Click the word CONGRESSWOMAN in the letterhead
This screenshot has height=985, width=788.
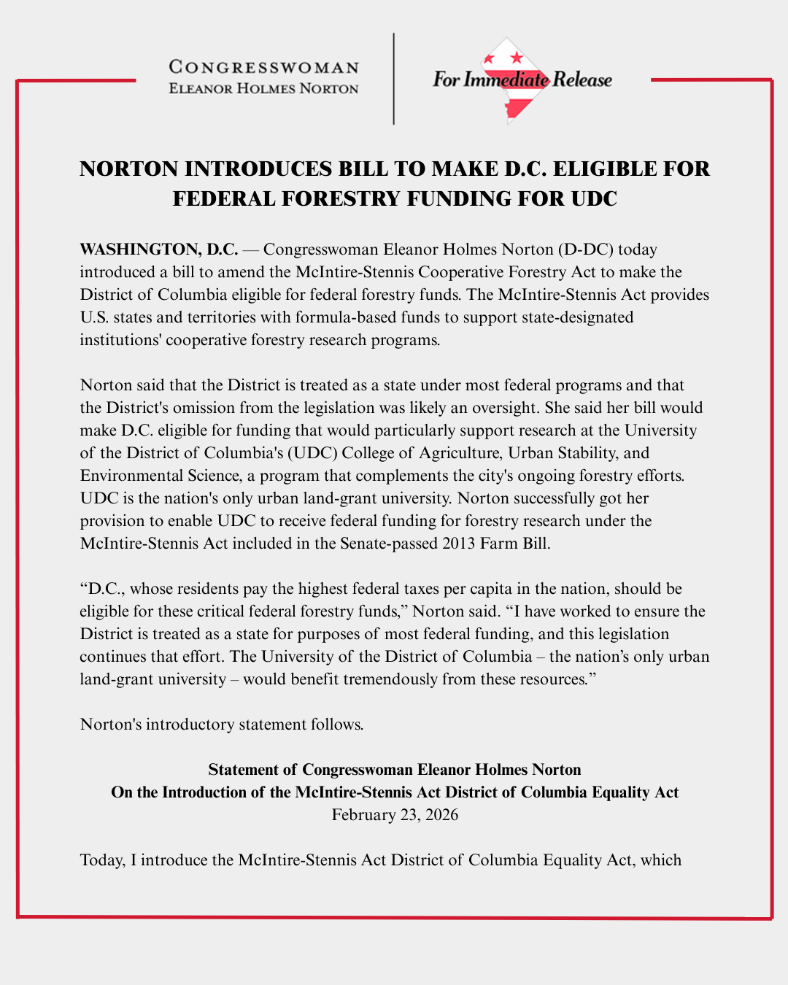[x=263, y=68]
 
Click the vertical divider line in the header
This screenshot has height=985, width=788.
[x=394, y=79]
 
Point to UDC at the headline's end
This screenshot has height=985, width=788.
[x=593, y=198]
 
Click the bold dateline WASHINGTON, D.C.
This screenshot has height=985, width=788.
[x=159, y=250]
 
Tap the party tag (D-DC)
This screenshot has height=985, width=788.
[x=586, y=250]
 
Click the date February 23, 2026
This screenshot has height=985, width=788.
[x=395, y=815]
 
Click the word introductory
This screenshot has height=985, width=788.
[x=193, y=725]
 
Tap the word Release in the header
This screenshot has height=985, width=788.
[x=582, y=80]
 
